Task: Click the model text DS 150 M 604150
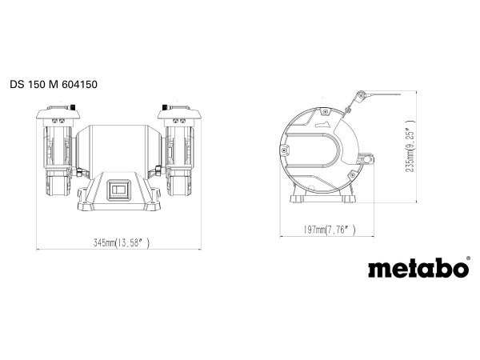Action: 54,82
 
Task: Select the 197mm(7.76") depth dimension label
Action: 325,230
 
